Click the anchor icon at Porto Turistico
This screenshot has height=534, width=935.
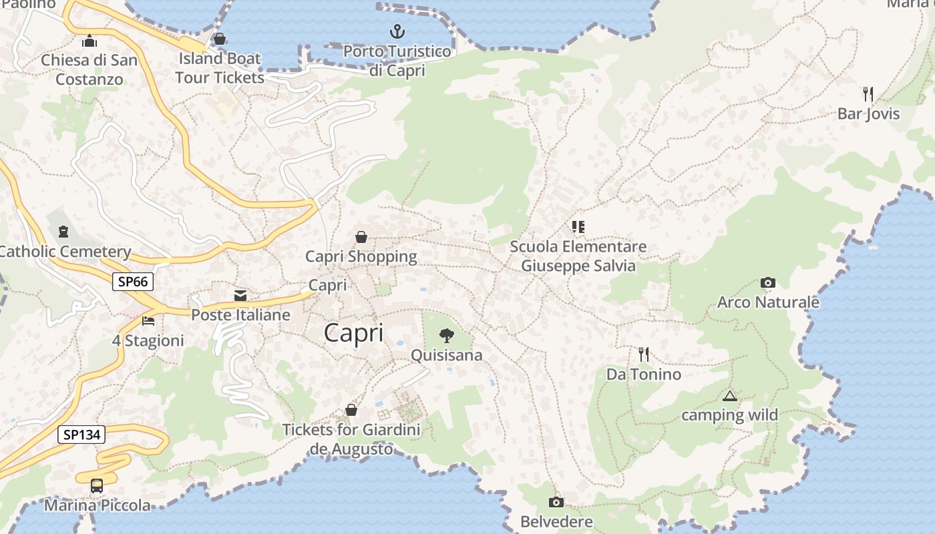(397, 31)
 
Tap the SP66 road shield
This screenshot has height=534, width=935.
(132, 282)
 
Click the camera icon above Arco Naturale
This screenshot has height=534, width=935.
(768, 283)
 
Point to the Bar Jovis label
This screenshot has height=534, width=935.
(868, 113)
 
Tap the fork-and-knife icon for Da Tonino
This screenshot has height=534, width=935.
(644, 354)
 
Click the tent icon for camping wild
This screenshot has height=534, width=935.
(729, 396)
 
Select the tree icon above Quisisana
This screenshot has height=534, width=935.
(446, 336)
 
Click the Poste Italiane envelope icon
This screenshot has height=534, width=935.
(240, 296)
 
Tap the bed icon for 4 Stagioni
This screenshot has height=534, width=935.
(148, 321)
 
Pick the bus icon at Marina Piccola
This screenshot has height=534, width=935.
(97, 485)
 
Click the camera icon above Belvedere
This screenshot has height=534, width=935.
(556, 502)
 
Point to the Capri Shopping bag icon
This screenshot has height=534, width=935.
(361, 237)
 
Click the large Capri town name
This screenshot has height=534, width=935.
(353, 333)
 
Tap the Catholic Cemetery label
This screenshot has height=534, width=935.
(65, 252)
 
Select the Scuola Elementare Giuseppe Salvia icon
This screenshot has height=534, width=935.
(578, 227)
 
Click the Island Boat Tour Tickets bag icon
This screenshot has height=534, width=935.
(220, 39)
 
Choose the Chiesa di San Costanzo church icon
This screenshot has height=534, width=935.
(89, 41)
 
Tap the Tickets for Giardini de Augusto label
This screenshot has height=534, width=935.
(352, 439)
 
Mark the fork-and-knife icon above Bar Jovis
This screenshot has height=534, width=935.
(868, 93)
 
